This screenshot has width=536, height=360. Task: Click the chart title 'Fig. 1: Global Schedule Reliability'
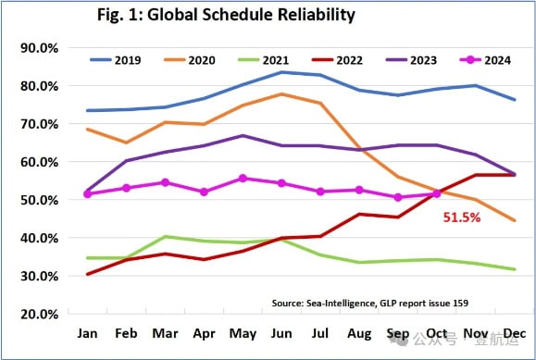[226, 16]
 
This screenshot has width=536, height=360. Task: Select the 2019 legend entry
[115, 60]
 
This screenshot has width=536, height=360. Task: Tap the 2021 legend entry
[263, 60]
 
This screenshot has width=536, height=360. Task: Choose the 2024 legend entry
[486, 60]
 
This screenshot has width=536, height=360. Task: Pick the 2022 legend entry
[337, 60]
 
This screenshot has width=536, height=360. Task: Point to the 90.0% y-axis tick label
[39, 48]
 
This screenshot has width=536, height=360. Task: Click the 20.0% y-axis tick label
[39, 314]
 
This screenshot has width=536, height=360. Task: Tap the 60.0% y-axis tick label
[39, 162]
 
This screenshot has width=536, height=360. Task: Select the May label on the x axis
[243, 334]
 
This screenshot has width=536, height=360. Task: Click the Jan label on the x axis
[87, 333]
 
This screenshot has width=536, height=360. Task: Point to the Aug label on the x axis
[359, 334]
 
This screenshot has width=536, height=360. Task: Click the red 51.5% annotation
[462, 217]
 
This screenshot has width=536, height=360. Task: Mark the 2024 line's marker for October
[437, 193]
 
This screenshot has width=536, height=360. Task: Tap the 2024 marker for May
[243, 178]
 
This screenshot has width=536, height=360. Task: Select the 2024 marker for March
[165, 182]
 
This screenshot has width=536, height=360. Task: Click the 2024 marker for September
[398, 197]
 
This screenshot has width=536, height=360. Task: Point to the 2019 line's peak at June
[281, 72]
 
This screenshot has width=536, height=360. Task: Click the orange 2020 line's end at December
[515, 220]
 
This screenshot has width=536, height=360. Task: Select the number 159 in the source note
[461, 303]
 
